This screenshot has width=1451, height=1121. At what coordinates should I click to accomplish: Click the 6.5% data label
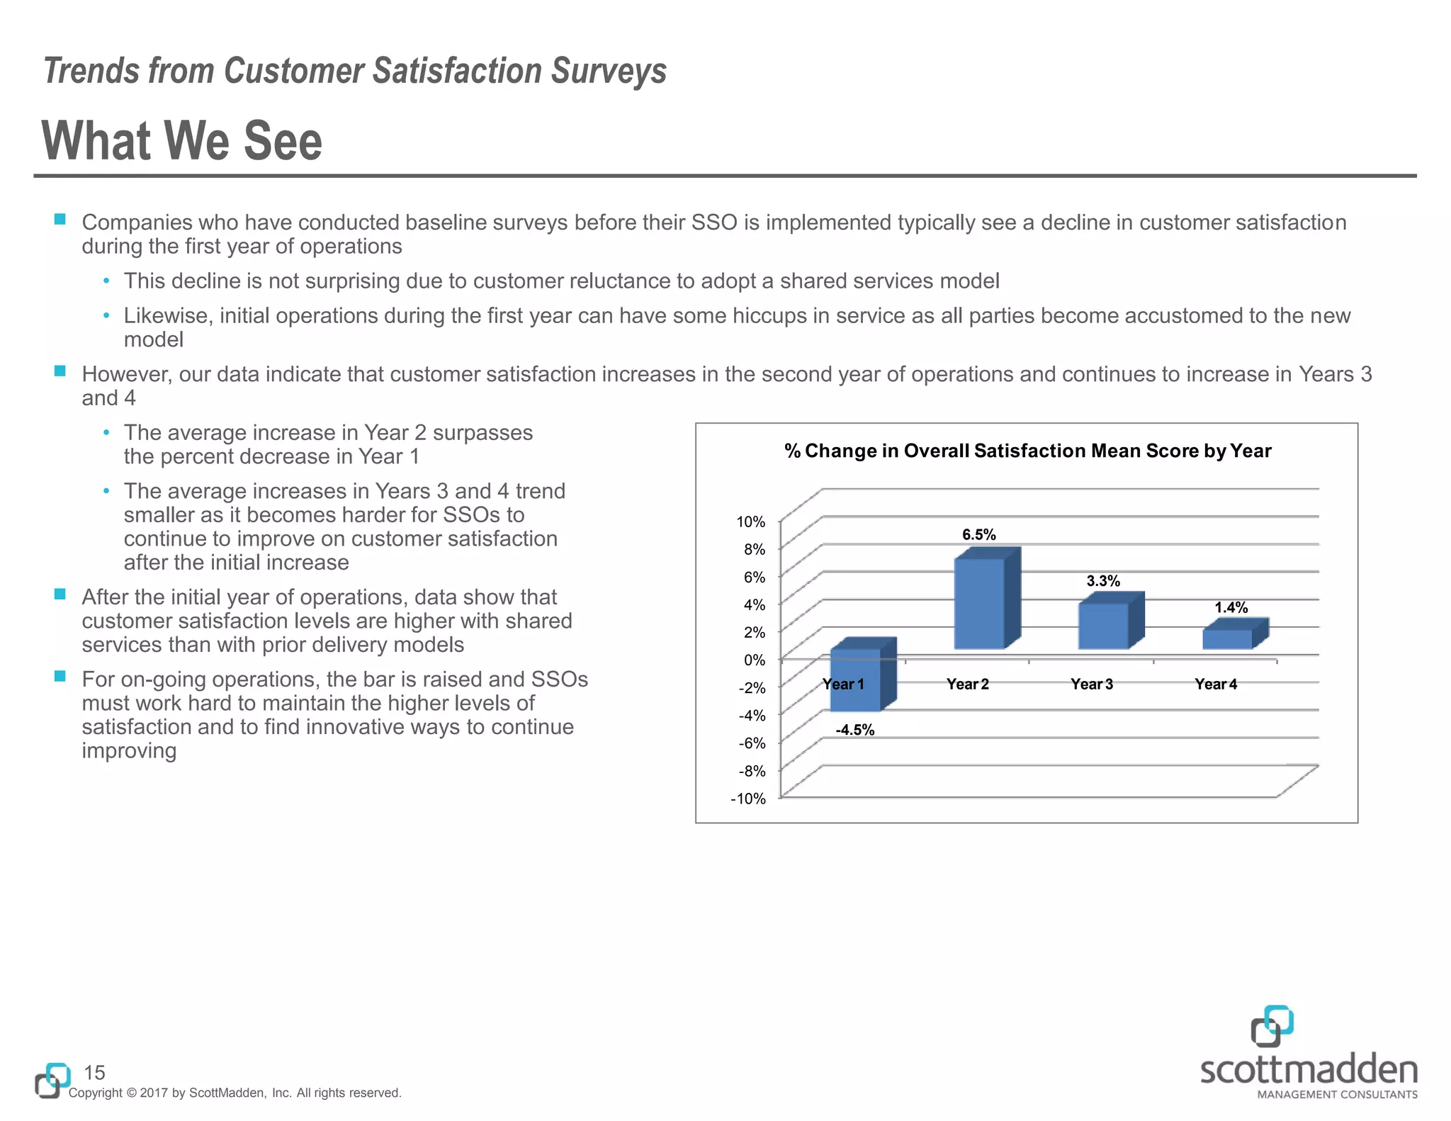tap(978, 535)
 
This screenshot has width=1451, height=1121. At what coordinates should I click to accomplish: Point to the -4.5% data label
tap(855, 730)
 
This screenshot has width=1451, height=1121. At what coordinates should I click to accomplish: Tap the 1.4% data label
tap(1231, 607)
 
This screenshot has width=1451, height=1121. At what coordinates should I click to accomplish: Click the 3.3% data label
tap(1103, 581)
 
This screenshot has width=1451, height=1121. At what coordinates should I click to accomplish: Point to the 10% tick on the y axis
tap(751, 522)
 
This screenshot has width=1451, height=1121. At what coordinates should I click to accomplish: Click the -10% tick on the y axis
tap(748, 799)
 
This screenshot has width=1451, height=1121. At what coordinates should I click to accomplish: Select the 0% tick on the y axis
tap(754, 660)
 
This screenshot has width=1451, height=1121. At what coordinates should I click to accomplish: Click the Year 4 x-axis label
tap(1216, 684)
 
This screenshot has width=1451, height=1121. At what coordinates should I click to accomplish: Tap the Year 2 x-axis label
tap(967, 684)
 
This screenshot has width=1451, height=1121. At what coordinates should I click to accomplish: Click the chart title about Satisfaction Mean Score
tap(1027, 451)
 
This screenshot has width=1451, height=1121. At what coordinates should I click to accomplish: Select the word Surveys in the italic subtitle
tap(609, 71)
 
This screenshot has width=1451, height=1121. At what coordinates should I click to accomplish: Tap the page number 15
tap(94, 1072)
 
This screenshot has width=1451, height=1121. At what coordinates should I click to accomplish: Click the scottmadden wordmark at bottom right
tap(1309, 1070)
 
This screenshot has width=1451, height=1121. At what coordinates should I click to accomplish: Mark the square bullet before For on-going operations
tap(60, 676)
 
